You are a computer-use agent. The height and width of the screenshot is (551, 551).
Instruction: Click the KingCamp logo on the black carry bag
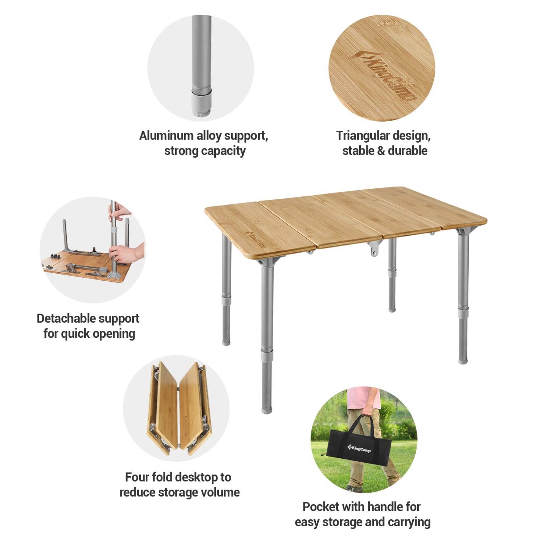pos(359,448)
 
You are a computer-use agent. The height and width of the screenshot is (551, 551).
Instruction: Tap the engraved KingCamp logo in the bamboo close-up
pos(382,75)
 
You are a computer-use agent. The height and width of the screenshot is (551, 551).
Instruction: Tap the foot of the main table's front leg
pos(267,411)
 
